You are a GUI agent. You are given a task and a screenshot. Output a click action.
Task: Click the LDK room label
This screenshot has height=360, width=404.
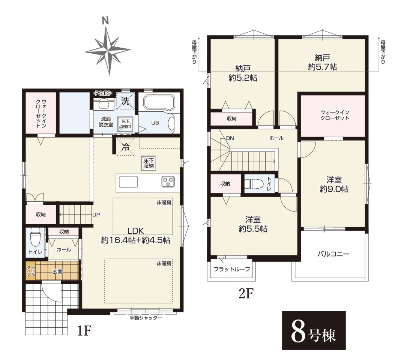point(135,231)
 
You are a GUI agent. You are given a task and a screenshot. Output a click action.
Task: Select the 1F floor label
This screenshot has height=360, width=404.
point(84,331)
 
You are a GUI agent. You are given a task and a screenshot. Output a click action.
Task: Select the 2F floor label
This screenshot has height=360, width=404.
point(246,293)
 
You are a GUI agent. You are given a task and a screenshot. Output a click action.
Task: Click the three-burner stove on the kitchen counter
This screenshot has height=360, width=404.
point(168,181)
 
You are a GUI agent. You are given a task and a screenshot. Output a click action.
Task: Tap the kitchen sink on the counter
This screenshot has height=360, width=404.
point(128,182)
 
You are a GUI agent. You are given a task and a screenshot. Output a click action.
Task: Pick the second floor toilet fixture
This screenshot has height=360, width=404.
point(254,184)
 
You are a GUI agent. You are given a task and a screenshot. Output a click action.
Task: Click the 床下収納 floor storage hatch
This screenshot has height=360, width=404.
point(149,163)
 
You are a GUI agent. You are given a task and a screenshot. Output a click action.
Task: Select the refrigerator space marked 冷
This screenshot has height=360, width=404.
point(126,147)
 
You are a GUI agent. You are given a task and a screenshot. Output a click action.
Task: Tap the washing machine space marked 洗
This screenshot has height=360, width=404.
point(125,100)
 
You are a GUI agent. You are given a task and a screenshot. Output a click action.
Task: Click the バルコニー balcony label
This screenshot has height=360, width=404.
point(333,254)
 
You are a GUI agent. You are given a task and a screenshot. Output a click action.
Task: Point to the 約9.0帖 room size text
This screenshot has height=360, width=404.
point(334,189)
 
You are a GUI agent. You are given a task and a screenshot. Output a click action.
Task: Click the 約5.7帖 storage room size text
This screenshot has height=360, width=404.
point(322,67)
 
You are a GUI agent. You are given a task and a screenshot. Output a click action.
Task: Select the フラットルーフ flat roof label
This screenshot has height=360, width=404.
point(231,269)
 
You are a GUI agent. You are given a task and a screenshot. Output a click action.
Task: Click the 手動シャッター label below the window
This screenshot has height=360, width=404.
point(146,318)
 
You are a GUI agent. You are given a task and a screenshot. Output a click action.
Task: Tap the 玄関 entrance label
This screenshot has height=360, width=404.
point(57,271)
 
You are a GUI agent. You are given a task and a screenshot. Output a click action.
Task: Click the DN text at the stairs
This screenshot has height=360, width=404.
point(230,138)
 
